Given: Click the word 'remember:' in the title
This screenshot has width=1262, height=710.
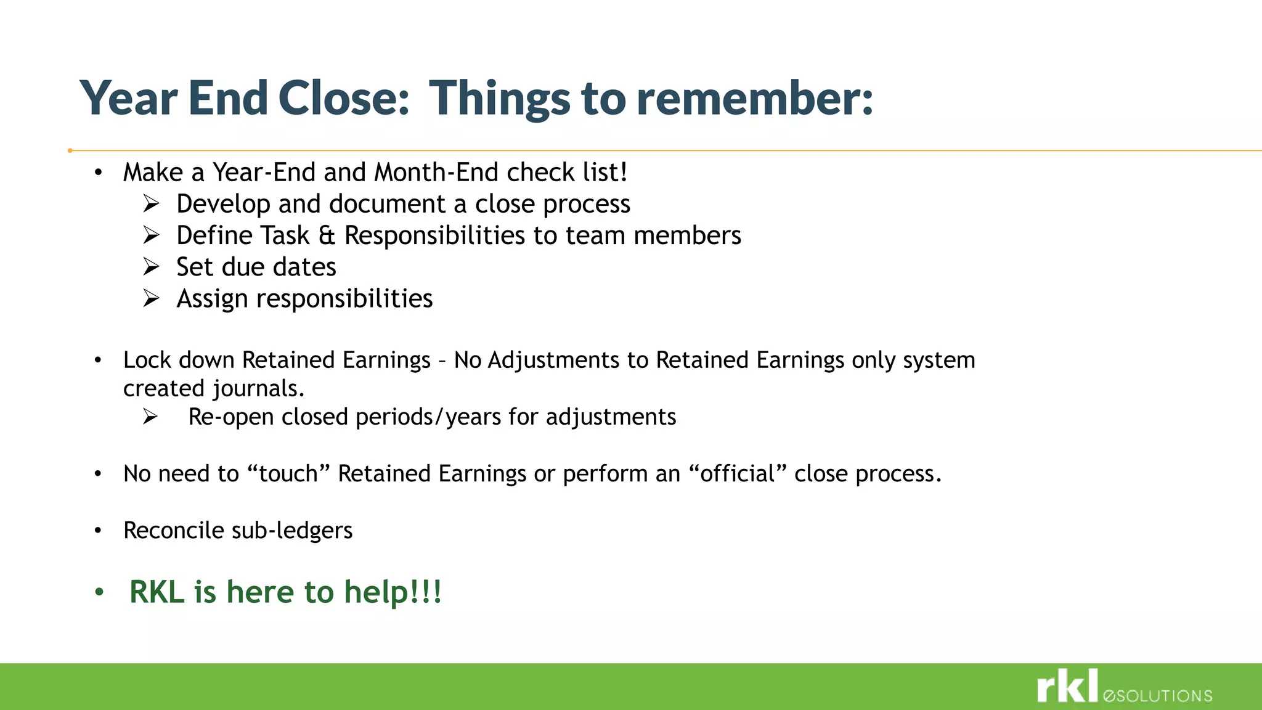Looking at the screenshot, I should [x=754, y=99].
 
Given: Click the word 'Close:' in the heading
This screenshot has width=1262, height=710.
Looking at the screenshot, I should [x=344, y=99].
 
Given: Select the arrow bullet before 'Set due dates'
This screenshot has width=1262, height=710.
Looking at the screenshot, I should [x=151, y=267].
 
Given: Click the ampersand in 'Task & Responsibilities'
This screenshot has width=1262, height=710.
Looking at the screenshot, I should [x=327, y=236].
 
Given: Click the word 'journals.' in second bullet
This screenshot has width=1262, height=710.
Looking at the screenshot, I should [x=258, y=389].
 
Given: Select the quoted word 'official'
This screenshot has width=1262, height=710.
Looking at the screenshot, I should [x=738, y=473].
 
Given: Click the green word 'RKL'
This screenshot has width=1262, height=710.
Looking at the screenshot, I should [x=157, y=592].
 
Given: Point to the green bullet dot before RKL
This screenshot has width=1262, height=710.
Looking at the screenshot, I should [x=99, y=593].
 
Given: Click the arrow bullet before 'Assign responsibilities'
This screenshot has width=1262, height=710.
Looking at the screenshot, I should [x=151, y=298].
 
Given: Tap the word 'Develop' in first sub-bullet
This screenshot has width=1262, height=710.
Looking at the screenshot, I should [x=223, y=204].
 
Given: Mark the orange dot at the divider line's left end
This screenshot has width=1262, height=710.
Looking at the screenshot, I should [x=70, y=150].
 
